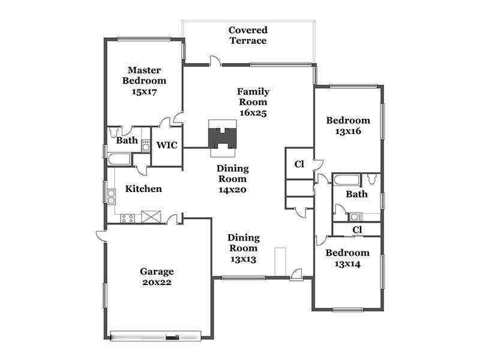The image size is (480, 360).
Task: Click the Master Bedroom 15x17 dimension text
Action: pyautogui.click(x=144, y=92)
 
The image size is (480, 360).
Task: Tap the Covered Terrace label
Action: pyautogui.click(x=248, y=35)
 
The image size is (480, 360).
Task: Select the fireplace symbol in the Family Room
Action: pyautogui.click(x=223, y=138)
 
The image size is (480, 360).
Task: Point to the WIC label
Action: pyautogui.click(x=167, y=145)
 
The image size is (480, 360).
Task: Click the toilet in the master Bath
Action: pyautogui.click(x=113, y=132)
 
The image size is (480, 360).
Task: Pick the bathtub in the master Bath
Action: pyautogui.click(x=119, y=159)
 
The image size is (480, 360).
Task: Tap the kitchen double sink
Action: pyautogui.click(x=111, y=197)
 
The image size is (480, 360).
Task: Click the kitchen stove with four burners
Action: pyautogui.click(x=127, y=218)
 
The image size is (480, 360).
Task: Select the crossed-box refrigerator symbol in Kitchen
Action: pyautogui.click(x=151, y=217)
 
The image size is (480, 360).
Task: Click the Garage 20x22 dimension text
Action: pyautogui.click(x=157, y=282)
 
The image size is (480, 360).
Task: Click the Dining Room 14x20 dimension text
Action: pyautogui.click(x=232, y=190)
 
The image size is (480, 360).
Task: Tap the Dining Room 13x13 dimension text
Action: pyautogui.click(x=244, y=259)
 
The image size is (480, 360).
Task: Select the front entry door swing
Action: pyautogui.click(x=296, y=274)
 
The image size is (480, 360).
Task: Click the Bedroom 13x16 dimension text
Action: pyautogui.click(x=348, y=131)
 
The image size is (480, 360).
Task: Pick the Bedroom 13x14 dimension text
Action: pyautogui.click(x=347, y=264)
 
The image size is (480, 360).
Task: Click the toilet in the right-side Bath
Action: pyautogui.click(x=372, y=179)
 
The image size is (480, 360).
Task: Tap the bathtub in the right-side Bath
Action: pyautogui.click(x=346, y=179)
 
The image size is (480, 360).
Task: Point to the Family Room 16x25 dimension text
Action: pyautogui.click(x=253, y=113)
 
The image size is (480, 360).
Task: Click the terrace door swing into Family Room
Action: pyautogui.click(x=215, y=61)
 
